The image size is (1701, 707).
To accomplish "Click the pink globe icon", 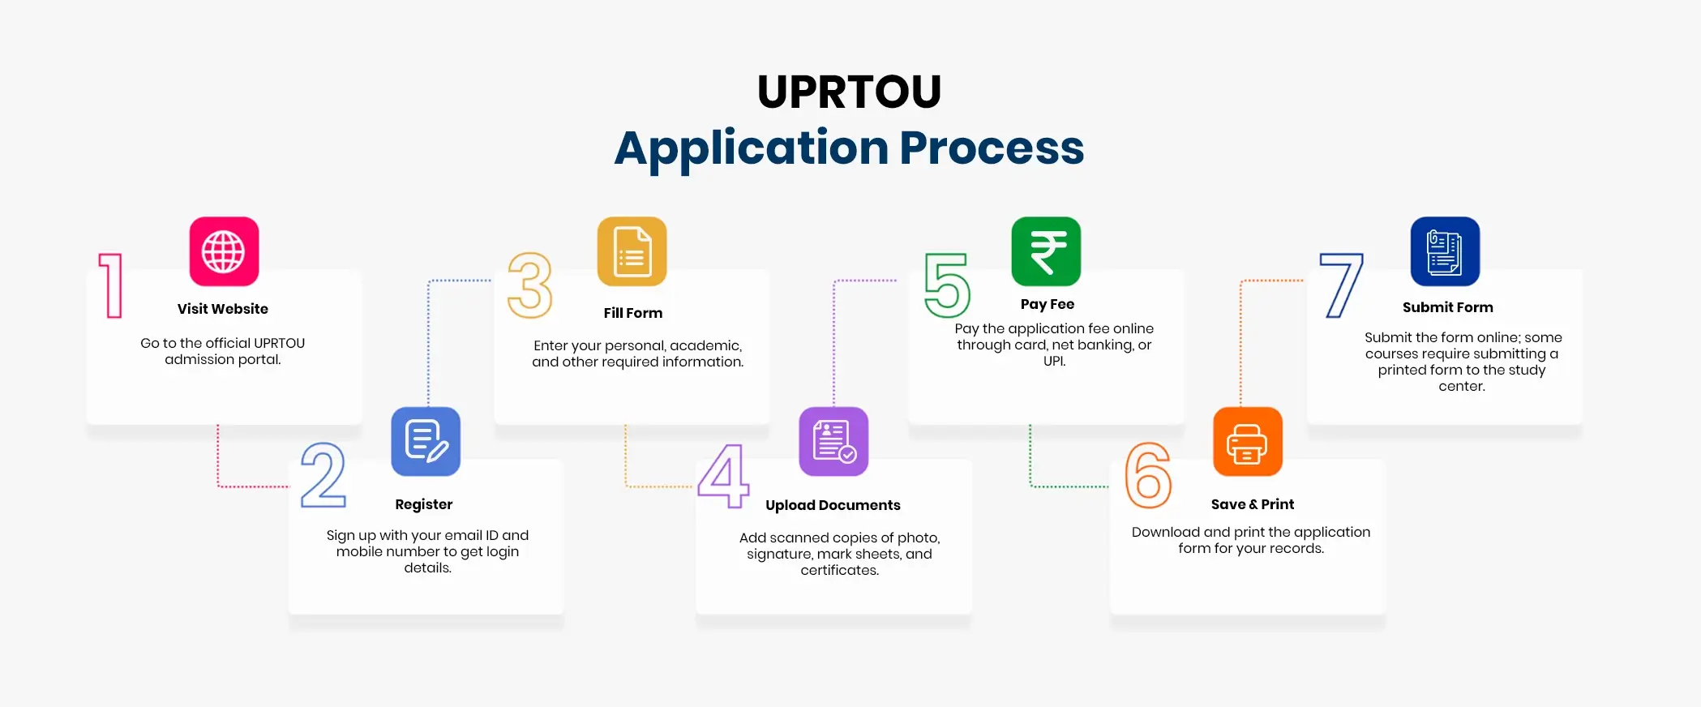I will point(224,251).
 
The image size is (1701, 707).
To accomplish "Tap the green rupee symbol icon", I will point(1046,251).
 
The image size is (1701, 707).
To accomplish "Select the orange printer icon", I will point(1247,442).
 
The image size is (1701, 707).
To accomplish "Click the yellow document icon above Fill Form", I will point(632,251).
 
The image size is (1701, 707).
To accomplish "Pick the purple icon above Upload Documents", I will point(833,442).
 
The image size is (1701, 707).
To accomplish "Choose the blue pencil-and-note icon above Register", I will point(426,442).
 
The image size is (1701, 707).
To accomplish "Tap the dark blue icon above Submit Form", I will point(1445,251).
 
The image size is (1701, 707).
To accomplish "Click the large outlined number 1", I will point(112,285).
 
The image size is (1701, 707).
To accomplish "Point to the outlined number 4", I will point(722,476).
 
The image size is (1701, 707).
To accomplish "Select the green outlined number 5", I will point(947,285).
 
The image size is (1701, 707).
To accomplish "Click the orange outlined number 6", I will point(1148,475).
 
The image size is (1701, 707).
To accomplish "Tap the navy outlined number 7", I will point(1342,285).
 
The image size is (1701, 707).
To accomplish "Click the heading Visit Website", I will point(223,309).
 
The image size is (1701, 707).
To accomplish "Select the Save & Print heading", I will point(1252,504).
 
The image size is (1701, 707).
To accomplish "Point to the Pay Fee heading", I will point(1047,304).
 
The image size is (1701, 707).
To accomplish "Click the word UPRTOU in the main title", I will point(849,92).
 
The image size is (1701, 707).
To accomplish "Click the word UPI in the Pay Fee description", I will point(1053,362).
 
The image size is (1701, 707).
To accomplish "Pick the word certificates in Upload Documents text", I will point(839,571).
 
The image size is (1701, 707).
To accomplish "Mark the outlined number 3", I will point(530,285).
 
